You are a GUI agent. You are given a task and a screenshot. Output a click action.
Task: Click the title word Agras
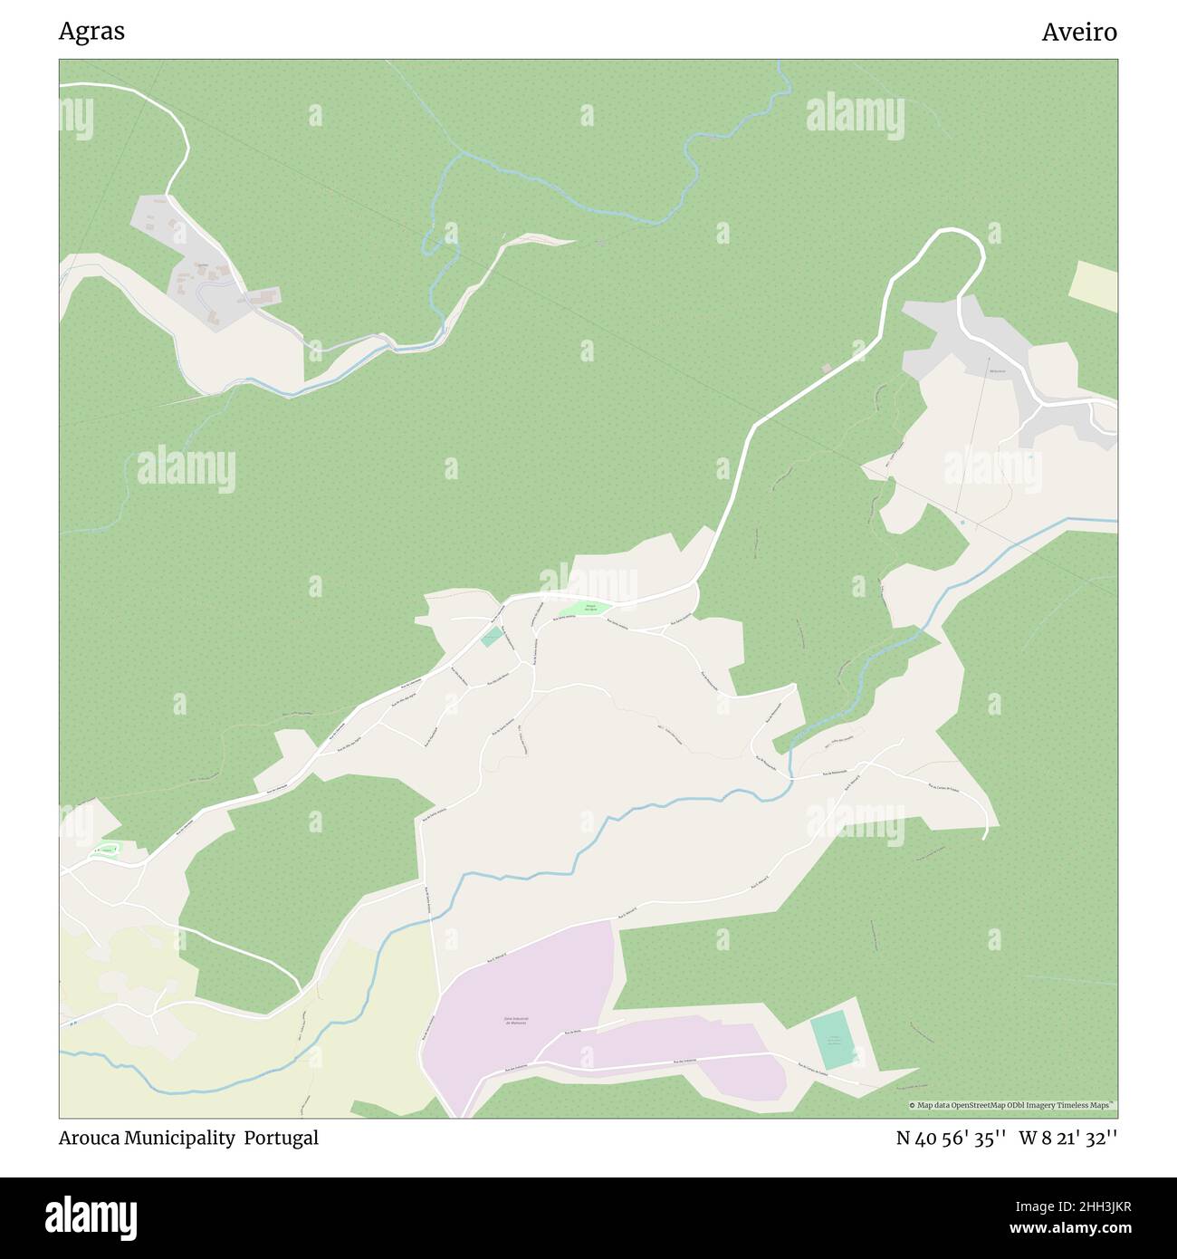coord(91,32)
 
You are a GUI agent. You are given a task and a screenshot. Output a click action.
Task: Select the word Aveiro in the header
coord(1079,32)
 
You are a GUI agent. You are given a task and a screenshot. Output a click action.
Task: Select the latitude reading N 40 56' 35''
coord(952,1138)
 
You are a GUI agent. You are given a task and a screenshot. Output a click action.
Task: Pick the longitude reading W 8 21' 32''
coord(1068,1138)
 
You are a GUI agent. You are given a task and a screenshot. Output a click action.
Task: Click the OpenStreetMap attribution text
coord(1013,1105)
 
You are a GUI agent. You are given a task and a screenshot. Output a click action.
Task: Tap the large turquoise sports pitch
coord(832,1041)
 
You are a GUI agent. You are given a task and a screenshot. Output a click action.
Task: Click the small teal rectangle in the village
coord(492,637)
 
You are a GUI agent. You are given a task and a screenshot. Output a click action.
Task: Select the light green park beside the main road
coord(588,608)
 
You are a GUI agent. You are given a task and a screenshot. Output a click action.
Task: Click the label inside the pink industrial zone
coord(516,1020)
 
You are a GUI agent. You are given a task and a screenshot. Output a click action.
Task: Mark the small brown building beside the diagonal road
coord(826,368)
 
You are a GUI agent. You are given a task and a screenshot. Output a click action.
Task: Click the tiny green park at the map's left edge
coord(106,850)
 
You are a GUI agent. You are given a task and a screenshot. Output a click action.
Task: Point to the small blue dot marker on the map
coord(962,523)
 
